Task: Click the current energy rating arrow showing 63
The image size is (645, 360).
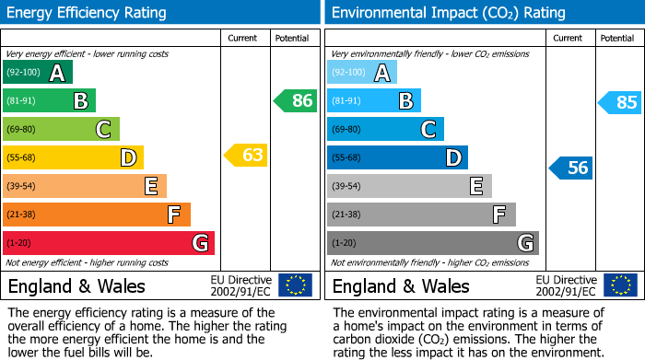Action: [x=246, y=155]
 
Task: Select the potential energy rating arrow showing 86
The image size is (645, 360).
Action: [x=296, y=101]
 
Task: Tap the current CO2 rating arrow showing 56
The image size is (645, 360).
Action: [x=570, y=168]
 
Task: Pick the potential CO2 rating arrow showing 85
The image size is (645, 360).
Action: [x=620, y=102]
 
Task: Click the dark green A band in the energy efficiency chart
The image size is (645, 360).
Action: [x=38, y=73]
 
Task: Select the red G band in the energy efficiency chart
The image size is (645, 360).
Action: [x=109, y=243]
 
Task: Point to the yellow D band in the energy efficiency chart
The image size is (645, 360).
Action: [x=73, y=158]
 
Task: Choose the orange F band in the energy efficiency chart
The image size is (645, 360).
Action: [x=97, y=215]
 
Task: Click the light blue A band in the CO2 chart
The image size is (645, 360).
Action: [x=362, y=73]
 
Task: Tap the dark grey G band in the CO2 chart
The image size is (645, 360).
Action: [x=433, y=243]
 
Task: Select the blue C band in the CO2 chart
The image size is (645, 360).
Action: [x=385, y=130]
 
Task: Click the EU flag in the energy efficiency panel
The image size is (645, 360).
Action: [x=295, y=285]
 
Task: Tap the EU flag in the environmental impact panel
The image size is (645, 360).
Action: [x=619, y=285]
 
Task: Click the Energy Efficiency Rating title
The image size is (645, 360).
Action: [x=88, y=13]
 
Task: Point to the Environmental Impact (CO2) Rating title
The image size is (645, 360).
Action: [x=448, y=13]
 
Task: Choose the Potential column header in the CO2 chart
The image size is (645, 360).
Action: [x=617, y=38]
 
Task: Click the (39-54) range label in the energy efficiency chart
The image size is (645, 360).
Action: [x=21, y=187]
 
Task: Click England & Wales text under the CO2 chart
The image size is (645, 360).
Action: [x=401, y=285]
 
